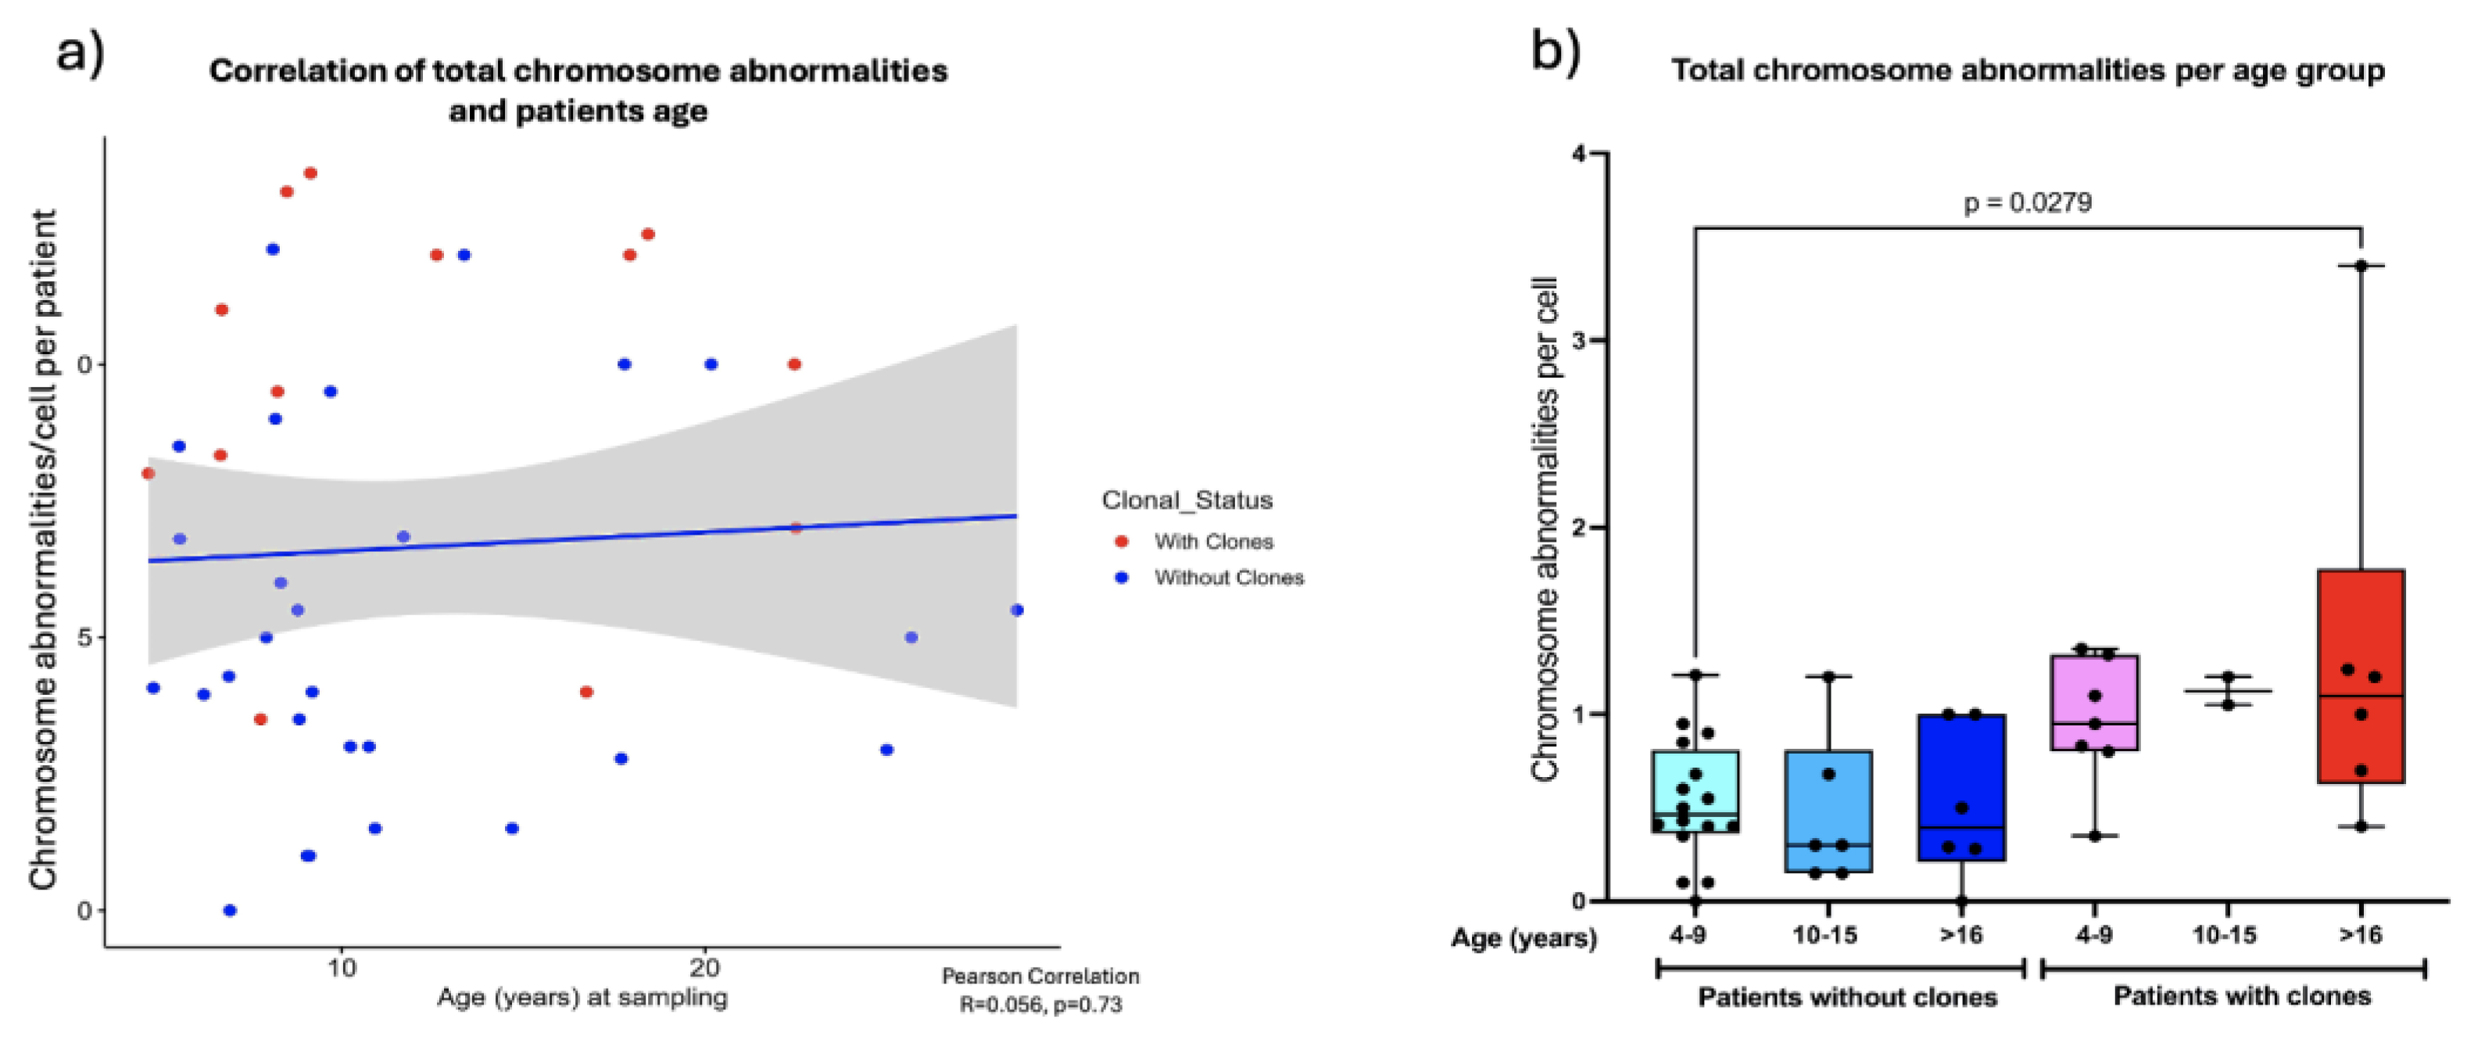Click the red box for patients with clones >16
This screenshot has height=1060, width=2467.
point(2361,676)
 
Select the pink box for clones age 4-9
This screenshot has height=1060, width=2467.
point(2094,702)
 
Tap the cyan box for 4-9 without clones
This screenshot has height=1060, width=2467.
point(1695,791)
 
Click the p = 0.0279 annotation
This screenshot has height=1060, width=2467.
point(2028,203)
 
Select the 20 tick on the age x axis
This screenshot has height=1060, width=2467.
point(705,967)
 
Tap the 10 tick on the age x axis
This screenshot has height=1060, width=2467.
point(341,967)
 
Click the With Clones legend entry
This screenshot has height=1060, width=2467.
point(1212,542)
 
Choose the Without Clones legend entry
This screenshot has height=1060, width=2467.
point(1228,578)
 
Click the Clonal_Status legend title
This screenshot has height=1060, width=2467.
point(1187,500)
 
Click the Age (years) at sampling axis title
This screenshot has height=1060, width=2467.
point(582,997)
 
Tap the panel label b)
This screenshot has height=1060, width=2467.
point(1556,50)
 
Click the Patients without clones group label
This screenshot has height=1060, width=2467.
point(1847,997)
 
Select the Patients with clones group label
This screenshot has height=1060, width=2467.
point(2242,997)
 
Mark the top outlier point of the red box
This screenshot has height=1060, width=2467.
point(2361,265)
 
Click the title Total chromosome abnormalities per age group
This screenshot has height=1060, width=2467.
point(2028,71)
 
